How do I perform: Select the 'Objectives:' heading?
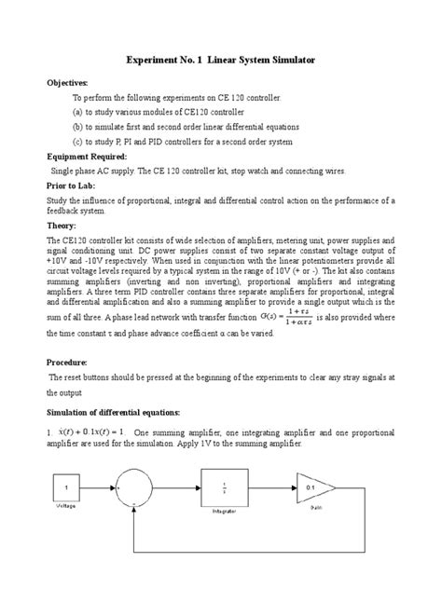click(x=67, y=83)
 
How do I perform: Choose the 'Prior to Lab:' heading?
click(x=73, y=186)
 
